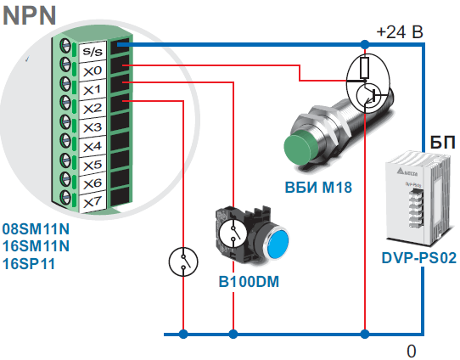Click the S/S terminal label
(x=93, y=51)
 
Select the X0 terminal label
(x=93, y=70)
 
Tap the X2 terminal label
(x=93, y=109)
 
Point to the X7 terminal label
(x=93, y=202)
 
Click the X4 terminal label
(x=93, y=146)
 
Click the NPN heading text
(x=29, y=15)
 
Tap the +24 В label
(x=400, y=31)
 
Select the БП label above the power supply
(x=443, y=143)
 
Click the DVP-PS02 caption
(x=419, y=258)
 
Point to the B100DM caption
(x=249, y=282)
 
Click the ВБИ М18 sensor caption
(x=318, y=187)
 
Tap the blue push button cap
(x=278, y=245)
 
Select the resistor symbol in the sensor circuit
(x=364, y=68)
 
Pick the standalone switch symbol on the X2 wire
(x=183, y=262)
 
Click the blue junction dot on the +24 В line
(x=365, y=45)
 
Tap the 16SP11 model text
(x=29, y=264)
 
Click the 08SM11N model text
(x=36, y=229)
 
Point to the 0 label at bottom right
(x=411, y=351)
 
